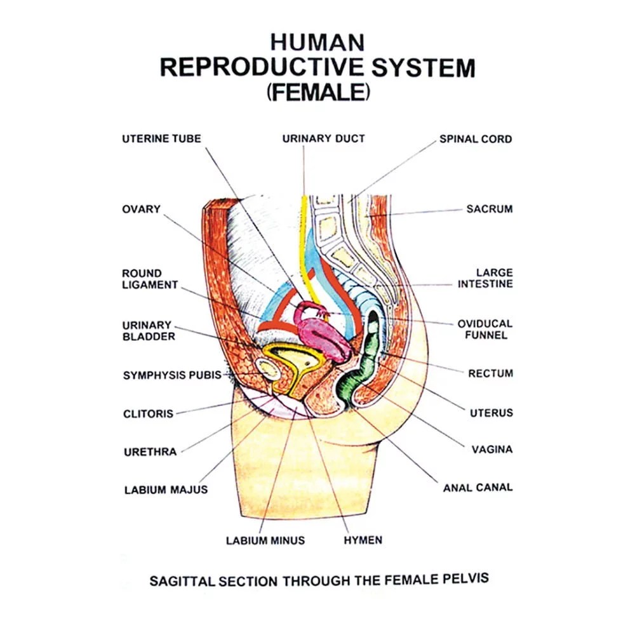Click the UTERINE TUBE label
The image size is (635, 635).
[161, 138]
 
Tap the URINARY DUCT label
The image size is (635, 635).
[324, 138]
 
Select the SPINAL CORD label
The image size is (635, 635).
[476, 139]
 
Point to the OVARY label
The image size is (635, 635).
[142, 209]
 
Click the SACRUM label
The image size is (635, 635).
[490, 209]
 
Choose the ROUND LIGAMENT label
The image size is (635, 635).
[150, 279]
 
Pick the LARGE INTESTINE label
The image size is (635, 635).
[485, 278]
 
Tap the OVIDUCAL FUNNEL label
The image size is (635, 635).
[485, 329]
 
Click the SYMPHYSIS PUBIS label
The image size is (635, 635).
[172, 375]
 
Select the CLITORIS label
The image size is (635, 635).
[148, 414]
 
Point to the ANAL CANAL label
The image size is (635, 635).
[478, 488]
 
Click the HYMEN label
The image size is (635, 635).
[363, 540]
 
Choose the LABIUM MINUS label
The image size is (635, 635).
[265, 540]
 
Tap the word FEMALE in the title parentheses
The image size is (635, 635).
[318, 92]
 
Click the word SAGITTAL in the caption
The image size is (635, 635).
[182, 582]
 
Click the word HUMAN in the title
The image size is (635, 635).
[317, 43]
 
